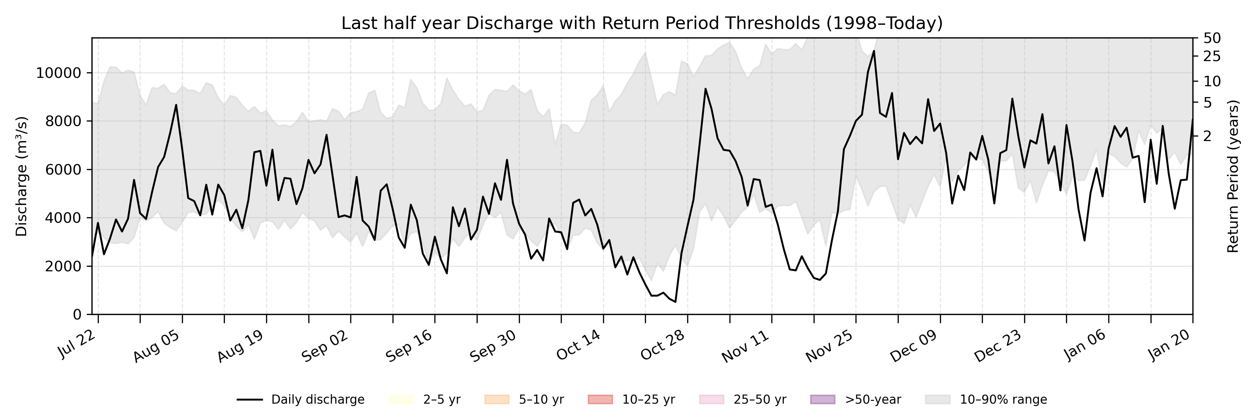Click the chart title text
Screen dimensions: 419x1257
[x=642, y=23]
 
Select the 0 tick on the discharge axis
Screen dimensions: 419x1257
[x=77, y=315]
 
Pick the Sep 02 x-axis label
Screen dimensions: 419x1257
[x=325, y=345]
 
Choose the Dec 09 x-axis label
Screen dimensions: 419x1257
[x=913, y=345]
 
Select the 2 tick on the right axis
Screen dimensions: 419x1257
[x=1207, y=136]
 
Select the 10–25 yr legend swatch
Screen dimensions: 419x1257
[x=600, y=399]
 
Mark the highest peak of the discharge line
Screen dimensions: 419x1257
[x=874, y=51]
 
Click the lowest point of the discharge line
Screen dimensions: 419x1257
[x=675, y=302]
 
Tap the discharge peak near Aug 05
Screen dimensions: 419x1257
[x=176, y=105]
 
